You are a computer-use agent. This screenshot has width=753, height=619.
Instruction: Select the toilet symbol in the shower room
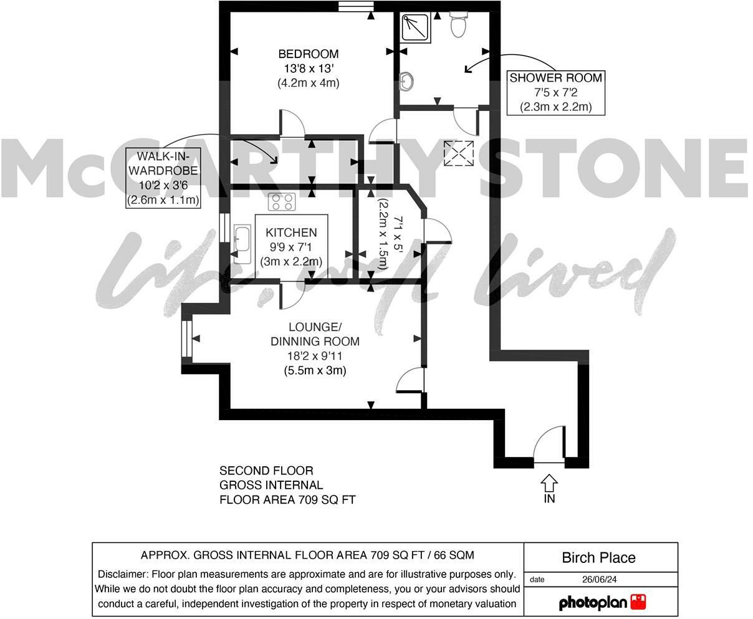click(458, 25)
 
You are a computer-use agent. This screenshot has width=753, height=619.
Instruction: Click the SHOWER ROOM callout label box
click(555, 92)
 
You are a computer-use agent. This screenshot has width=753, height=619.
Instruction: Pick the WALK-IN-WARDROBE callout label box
click(163, 178)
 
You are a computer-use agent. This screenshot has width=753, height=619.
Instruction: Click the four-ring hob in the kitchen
click(281, 202)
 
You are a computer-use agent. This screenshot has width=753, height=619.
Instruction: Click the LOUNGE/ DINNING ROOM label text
click(315, 334)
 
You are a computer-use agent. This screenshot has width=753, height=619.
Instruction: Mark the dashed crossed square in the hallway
click(458, 153)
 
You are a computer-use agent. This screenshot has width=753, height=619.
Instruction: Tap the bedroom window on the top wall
click(356, 6)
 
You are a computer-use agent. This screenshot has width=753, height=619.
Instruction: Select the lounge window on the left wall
click(186, 339)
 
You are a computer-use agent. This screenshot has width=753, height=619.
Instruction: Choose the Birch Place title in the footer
click(598, 557)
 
